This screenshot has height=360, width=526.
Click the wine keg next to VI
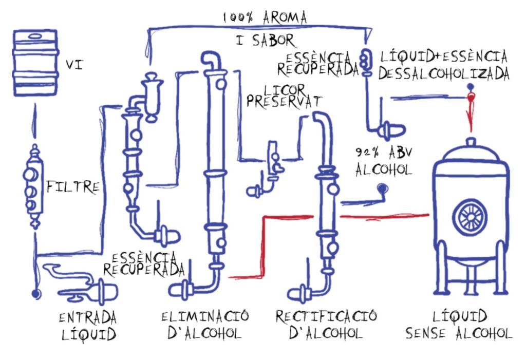[x=35, y=63]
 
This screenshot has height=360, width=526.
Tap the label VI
[x=74, y=64]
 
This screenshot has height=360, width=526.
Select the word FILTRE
[x=73, y=187]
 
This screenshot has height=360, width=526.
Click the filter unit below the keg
[x=33, y=186]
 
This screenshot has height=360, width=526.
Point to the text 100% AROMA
[x=265, y=17]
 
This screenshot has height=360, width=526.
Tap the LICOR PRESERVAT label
[x=284, y=96]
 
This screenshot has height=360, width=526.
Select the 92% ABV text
[x=384, y=153]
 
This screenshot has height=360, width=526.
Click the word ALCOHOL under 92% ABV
[x=383, y=169]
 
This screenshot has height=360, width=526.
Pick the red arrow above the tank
[x=471, y=111]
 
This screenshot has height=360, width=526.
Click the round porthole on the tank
[x=470, y=217]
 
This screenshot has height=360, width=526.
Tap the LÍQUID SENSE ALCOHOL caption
[x=459, y=325]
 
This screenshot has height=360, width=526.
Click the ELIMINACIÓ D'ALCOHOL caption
[x=205, y=325]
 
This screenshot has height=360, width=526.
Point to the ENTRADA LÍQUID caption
[x=88, y=326]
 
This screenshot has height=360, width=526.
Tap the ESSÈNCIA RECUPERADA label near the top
[x=317, y=63]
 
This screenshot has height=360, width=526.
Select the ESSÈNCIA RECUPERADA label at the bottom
[x=144, y=264]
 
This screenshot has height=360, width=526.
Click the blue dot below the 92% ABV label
[x=382, y=189]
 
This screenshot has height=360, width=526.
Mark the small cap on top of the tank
[x=471, y=142]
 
